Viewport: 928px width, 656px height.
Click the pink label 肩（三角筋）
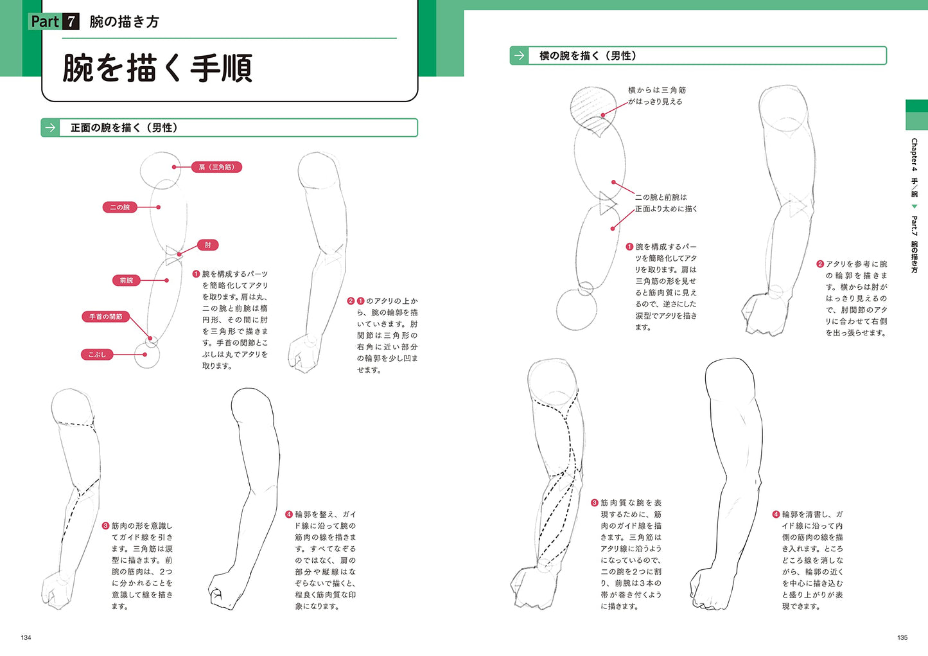point(216,167)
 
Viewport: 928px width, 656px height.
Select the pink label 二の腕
point(119,207)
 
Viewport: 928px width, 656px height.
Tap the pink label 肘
point(207,245)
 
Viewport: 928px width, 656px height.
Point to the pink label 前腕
point(127,281)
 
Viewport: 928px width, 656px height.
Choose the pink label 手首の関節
point(105,317)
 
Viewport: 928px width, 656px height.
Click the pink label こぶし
point(97,355)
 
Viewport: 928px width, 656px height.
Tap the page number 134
point(26,638)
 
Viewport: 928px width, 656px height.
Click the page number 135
point(902,638)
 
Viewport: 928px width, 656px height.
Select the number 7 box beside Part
point(71,22)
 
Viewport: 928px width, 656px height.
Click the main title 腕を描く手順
point(157,68)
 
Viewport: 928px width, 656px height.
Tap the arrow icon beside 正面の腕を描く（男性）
point(50,128)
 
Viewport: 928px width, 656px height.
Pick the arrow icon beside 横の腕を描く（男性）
point(519,55)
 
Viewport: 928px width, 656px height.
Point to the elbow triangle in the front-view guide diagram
point(173,255)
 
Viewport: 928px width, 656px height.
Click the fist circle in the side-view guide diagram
point(576,310)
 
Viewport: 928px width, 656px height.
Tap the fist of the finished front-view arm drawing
point(223,591)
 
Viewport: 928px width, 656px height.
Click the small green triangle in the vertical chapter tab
point(914,206)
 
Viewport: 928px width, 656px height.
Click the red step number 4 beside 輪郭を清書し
point(776,514)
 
